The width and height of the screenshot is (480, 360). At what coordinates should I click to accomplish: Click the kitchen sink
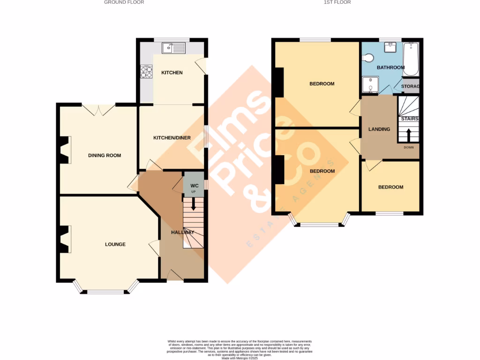coord(173,47)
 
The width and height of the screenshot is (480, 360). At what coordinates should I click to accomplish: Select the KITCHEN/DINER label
coord(172,138)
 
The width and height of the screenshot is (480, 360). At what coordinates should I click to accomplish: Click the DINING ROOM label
coord(105,155)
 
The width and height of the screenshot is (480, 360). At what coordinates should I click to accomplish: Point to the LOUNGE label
coord(115,244)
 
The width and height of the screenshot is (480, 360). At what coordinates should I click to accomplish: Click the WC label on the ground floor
coord(194,185)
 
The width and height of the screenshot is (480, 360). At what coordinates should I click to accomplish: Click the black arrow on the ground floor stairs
coord(194,203)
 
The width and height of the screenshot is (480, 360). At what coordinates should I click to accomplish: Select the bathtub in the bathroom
coord(411,59)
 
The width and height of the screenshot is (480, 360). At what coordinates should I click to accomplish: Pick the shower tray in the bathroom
coord(370,85)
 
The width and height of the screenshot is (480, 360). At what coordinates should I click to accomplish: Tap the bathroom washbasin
coord(390,47)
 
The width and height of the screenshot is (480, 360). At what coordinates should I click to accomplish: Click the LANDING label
coord(379,129)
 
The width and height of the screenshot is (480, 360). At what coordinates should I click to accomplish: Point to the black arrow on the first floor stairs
coord(408,135)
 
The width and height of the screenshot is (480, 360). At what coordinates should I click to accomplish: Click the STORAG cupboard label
coord(410,86)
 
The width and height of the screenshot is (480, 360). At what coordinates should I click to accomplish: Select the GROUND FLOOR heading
coord(124,2)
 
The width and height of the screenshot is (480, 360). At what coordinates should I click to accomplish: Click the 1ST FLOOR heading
coord(337,2)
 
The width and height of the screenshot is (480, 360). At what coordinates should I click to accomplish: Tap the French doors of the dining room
coord(99,109)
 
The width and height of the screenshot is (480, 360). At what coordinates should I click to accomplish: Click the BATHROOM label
coord(390,67)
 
